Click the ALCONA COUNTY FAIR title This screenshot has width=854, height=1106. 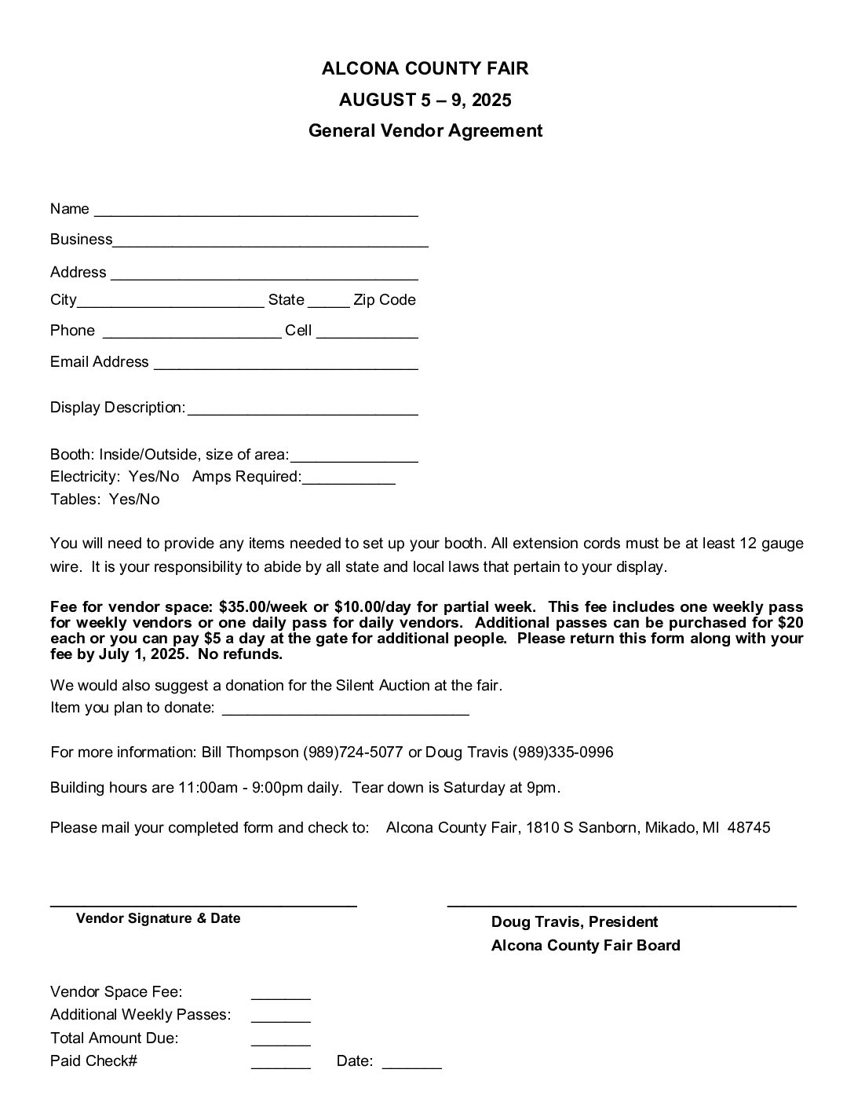[425, 69]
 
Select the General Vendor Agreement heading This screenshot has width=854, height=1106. [425, 130]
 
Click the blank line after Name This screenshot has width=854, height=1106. [256, 211]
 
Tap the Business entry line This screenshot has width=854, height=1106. [270, 241]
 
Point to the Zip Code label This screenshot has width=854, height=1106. [385, 300]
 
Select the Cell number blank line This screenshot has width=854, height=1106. [367, 332]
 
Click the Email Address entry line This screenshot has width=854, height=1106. [286, 364]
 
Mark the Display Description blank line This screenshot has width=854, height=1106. [302, 409]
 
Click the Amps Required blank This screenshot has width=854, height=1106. [349, 479]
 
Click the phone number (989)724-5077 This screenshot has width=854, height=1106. [352, 753]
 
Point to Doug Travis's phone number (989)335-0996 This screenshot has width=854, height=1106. [563, 753]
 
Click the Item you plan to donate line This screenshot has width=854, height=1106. [345, 709]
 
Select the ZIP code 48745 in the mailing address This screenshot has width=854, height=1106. [749, 828]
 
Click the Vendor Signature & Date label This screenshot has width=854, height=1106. [158, 918]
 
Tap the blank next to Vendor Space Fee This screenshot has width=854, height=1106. [280, 994]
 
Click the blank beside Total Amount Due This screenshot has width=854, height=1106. [280, 1041]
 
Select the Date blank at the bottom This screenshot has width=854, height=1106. [411, 1064]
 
